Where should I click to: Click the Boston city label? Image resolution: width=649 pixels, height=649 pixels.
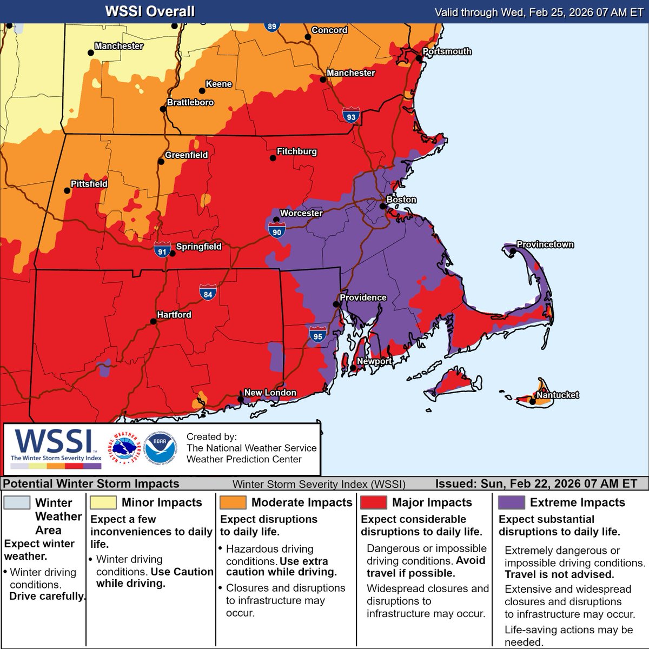click(x=401, y=200)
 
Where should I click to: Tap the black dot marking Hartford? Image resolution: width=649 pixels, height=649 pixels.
click(x=154, y=321)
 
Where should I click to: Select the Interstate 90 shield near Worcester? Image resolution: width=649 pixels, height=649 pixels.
click(x=276, y=231)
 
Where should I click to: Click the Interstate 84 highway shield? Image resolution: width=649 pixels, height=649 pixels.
click(x=208, y=293)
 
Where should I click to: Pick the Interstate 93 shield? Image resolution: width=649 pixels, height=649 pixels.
click(x=352, y=115)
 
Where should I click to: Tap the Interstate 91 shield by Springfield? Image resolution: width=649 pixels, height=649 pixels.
click(x=162, y=250)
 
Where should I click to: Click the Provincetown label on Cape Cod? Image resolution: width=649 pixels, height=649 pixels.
click(x=545, y=244)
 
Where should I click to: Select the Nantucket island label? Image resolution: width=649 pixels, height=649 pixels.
click(x=558, y=395)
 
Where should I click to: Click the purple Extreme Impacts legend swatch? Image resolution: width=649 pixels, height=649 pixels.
click(x=511, y=502)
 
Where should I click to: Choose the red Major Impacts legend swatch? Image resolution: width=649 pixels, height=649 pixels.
click(x=373, y=502)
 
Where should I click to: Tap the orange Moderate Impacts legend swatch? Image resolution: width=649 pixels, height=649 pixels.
click(x=233, y=502)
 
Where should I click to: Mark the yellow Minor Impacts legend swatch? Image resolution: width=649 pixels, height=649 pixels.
click(x=103, y=502)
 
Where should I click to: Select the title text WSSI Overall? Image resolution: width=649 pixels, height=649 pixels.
click(x=150, y=11)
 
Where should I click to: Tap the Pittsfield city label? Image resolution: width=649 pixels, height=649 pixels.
click(x=89, y=184)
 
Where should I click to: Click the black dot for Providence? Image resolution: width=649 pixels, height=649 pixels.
click(x=336, y=304)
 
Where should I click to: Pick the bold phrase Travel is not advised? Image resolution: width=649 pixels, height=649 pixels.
click(x=559, y=574)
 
